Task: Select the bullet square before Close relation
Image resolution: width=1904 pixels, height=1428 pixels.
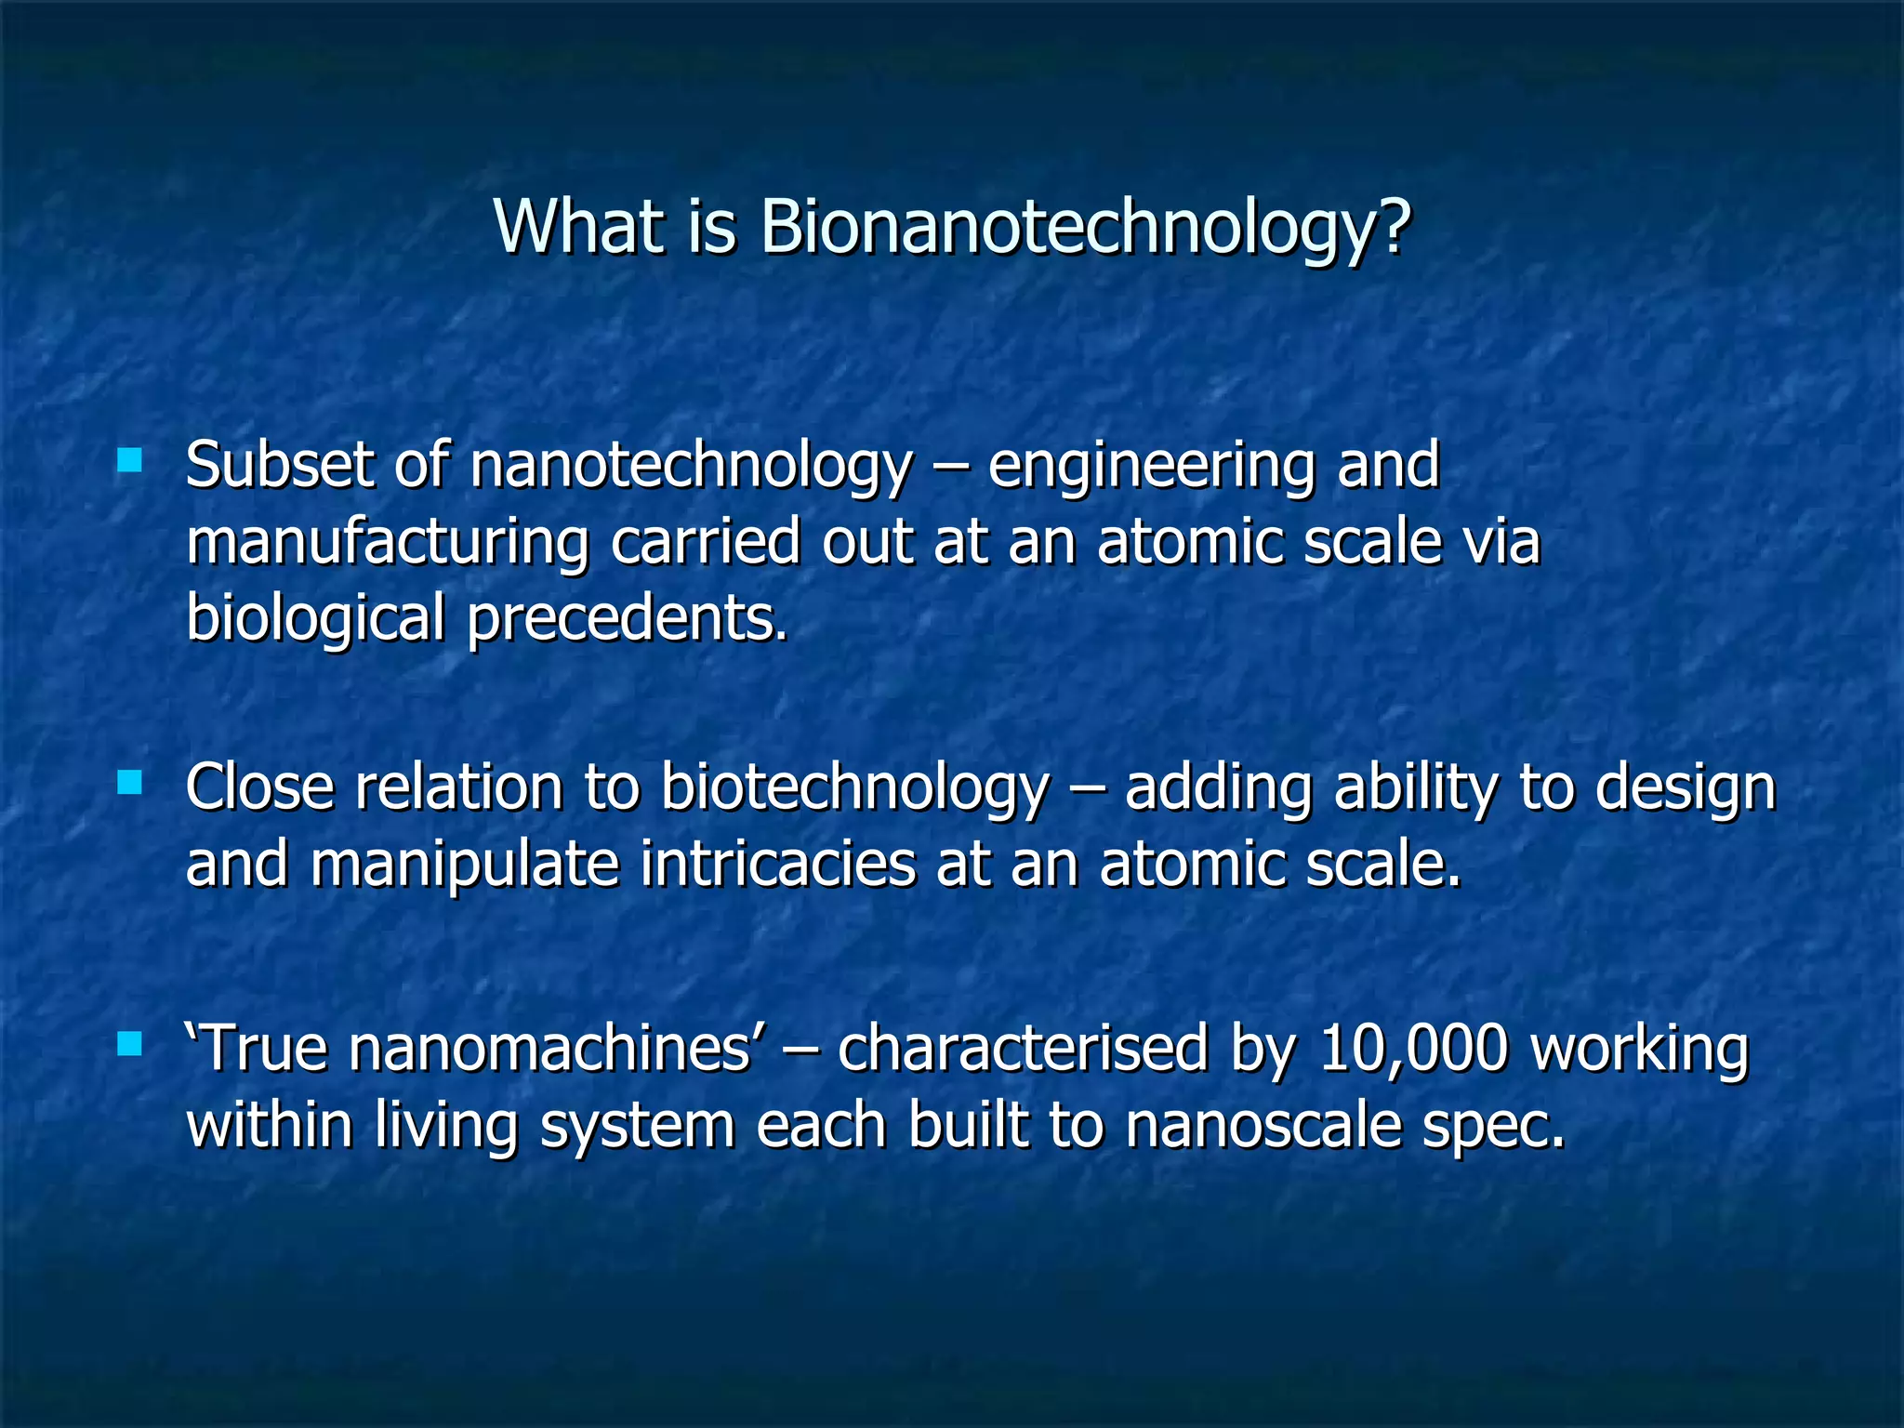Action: point(130,783)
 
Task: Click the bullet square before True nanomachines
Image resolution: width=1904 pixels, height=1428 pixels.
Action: point(130,1045)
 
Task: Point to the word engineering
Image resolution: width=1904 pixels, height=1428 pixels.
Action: point(1150,468)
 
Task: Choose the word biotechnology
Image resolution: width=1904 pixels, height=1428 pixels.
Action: point(854,789)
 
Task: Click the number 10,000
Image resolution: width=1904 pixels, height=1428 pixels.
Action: point(1412,1049)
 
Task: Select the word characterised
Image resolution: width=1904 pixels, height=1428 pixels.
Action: point(1022,1049)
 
